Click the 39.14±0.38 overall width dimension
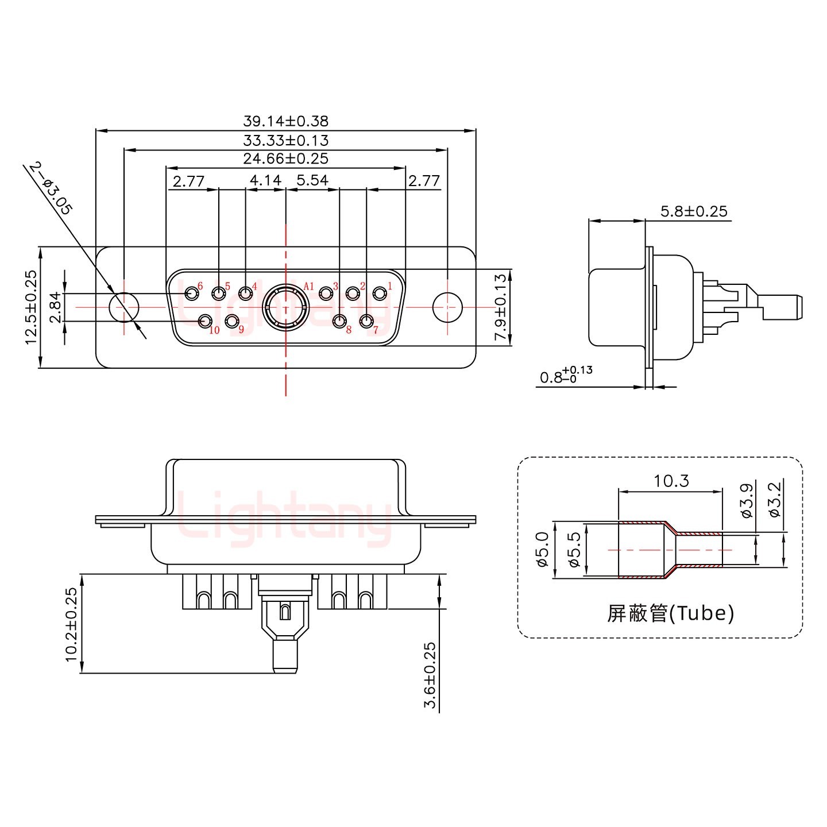[x=285, y=121]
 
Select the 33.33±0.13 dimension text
[x=285, y=140]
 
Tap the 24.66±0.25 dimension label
[x=285, y=159]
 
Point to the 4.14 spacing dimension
[x=265, y=181]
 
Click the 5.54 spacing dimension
[x=312, y=181]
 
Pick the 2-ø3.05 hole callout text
[x=51, y=189]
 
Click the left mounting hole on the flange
[x=123, y=307]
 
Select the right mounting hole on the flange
[x=447, y=307]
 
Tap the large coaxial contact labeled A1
[x=286, y=308]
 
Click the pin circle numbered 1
[x=380, y=294]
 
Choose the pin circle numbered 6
[x=191, y=294]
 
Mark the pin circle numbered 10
[x=205, y=321]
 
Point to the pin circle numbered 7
[x=366, y=321]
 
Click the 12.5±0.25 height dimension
[x=31, y=307]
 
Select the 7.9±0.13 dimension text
[x=501, y=308]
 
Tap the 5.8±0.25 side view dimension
[x=694, y=211]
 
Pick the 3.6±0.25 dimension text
[x=430, y=675]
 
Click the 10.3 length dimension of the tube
[x=671, y=480]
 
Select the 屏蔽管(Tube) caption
[x=670, y=614]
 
